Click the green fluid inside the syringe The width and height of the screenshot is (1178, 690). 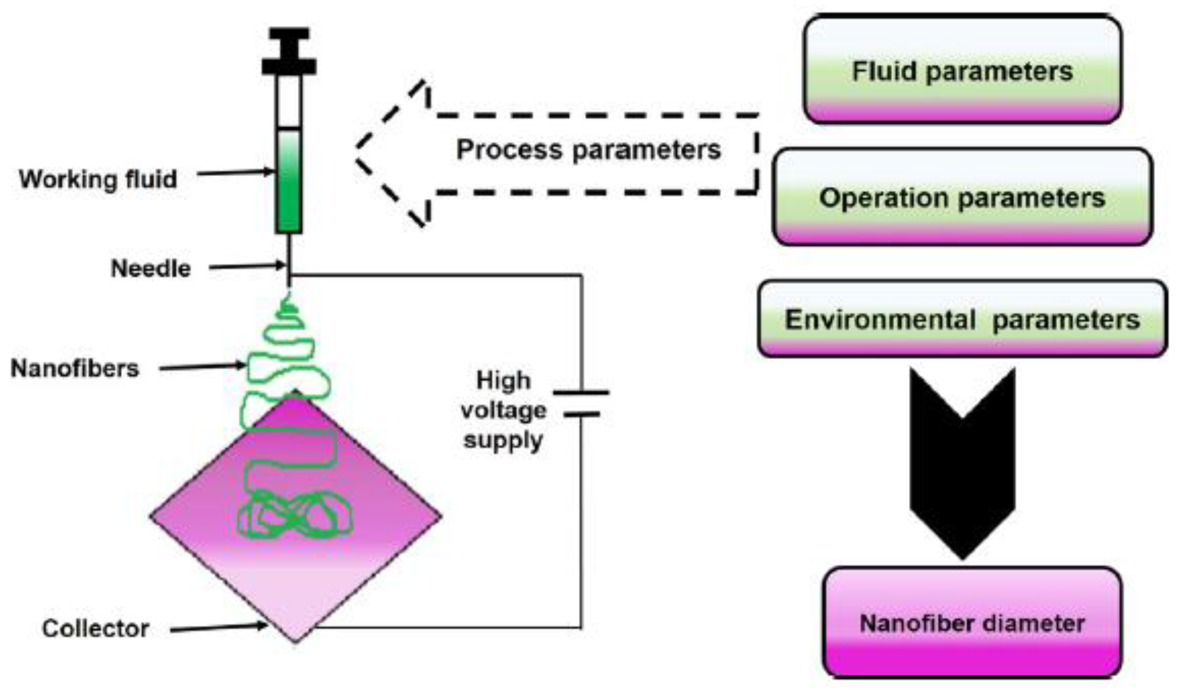pos(289,187)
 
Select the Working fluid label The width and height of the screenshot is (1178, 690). pos(98,179)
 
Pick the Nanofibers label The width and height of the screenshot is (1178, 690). pos(75,368)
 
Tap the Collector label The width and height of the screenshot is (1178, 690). pos(95,628)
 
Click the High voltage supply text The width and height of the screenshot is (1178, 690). pos(503,410)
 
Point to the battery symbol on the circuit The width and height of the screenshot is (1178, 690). pos(581,403)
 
